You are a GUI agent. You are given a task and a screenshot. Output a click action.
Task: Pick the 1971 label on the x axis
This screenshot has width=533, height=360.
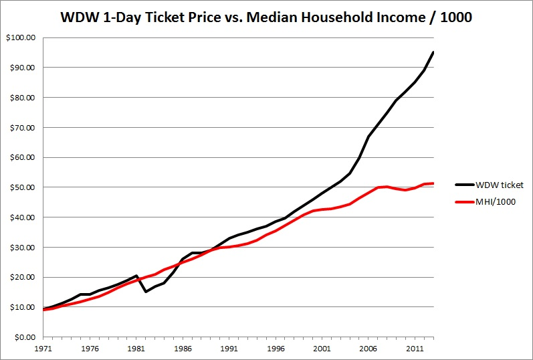pyautogui.click(x=43, y=349)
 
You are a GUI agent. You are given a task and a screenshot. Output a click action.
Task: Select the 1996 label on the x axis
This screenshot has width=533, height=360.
pyautogui.click(x=274, y=349)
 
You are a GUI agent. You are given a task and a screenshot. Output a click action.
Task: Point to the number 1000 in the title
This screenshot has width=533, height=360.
pyautogui.click(x=449, y=17)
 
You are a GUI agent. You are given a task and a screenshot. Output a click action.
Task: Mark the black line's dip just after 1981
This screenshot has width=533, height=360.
pyautogui.click(x=145, y=292)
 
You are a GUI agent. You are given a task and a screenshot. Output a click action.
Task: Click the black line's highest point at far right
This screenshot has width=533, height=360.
pyautogui.click(x=433, y=52)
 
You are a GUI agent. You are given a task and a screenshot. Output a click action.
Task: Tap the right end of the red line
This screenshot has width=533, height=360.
pyautogui.click(x=433, y=183)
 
